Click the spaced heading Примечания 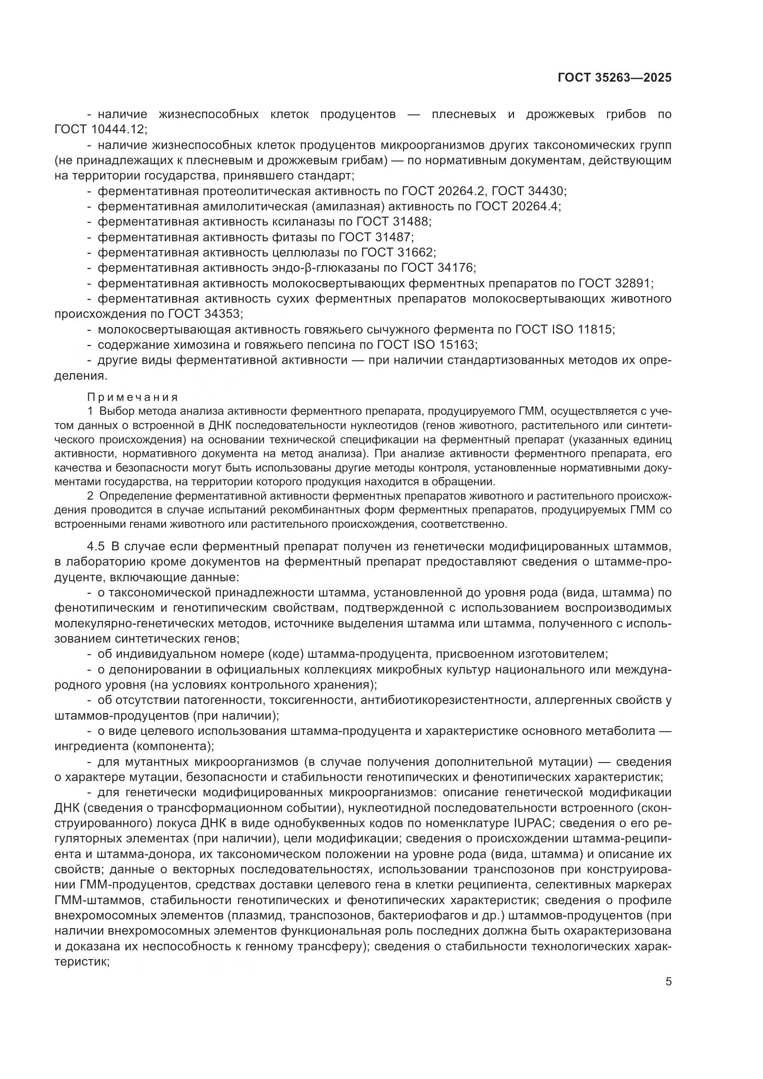pos(133,397)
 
